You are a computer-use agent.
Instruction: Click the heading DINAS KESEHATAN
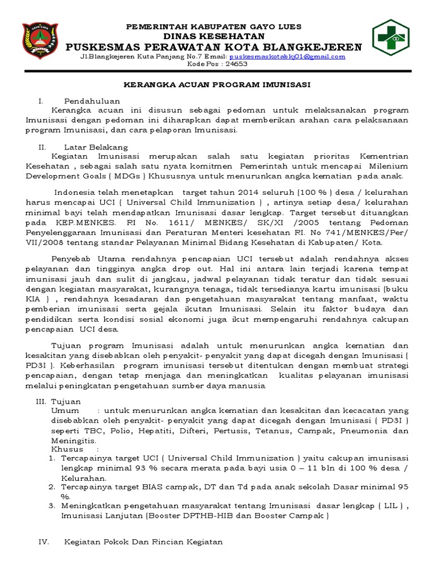pos(213,35)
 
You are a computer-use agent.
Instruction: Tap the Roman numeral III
pos(40,400)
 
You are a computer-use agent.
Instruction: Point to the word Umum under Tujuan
pos(63,410)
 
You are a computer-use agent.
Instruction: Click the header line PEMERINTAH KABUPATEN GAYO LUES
pos(213,26)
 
